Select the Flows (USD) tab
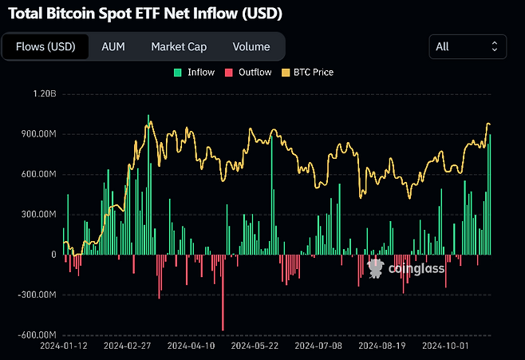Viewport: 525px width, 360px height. (x=45, y=46)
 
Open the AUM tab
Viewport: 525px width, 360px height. (x=112, y=46)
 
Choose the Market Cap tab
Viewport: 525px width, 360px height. (x=179, y=46)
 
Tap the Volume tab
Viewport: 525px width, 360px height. (x=251, y=46)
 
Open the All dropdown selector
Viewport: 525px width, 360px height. (x=467, y=46)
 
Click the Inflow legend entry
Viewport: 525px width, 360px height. (x=195, y=73)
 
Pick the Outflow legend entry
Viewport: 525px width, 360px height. (x=249, y=73)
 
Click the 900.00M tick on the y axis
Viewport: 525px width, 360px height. (x=38, y=134)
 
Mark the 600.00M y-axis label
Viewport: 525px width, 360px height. (x=38, y=174)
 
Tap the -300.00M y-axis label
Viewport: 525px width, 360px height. (x=37, y=295)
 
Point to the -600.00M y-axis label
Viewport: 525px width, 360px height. (x=37, y=334)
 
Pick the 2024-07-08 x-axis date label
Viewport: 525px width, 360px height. (x=319, y=347)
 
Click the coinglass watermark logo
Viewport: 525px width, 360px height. (x=406, y=270)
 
